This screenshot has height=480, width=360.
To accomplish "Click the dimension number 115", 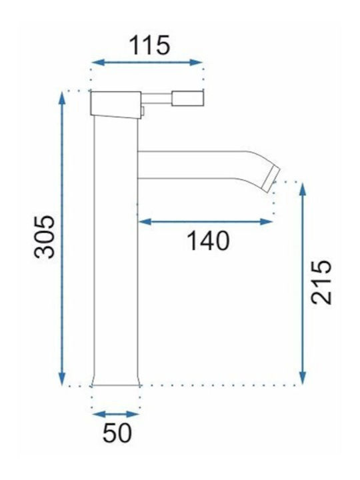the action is [x=149, y=45].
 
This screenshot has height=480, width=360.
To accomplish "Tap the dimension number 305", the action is [x=45, y=237].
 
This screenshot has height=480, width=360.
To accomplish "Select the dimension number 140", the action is [x=208, y=241].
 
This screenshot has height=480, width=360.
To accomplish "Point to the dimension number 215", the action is [x=321, y=282].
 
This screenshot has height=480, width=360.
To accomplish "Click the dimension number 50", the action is [x=117, y=433].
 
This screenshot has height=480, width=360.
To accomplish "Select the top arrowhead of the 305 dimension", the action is [x=62, y=98].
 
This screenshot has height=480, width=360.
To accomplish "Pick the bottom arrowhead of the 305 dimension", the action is [x=62, y=379].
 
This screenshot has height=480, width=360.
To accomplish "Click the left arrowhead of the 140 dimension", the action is [x=145, y=221].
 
